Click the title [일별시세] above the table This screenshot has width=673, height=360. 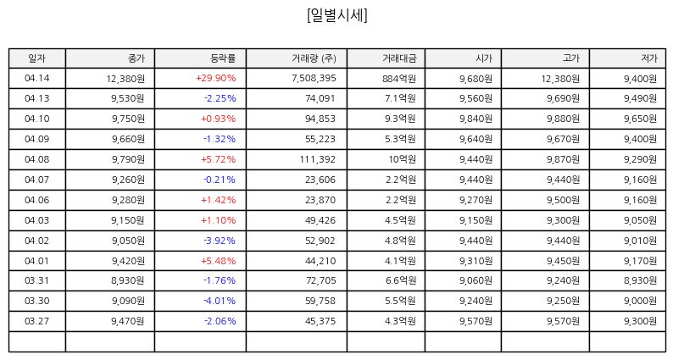pos(337,15)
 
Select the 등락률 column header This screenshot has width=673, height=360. pos(223,58)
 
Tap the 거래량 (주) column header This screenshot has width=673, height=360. pos(314,58)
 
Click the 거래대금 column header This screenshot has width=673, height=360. pos(399,58)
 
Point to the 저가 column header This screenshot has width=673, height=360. pos(648,58)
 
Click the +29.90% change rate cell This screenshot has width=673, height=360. pos(216,78)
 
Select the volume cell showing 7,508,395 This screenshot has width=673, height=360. pos(314,78)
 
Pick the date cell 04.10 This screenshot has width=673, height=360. pos(37,119)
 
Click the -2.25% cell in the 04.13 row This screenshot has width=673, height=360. pos(220,98)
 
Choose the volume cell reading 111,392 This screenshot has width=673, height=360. pos(318,159)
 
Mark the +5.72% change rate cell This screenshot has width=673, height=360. pos(219,159)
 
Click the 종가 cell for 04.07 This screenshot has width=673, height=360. pos(128,180)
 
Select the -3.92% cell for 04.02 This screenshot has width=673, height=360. pos(220,241)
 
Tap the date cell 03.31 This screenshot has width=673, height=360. pos(37,280)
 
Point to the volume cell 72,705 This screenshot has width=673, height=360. pos(320,280)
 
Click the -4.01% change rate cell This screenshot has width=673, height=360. pos(220,301)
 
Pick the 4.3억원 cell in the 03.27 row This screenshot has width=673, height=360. pos(400,321)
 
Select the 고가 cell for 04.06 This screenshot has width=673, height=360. pos(563,200)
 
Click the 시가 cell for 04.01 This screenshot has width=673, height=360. pos(476,260)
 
